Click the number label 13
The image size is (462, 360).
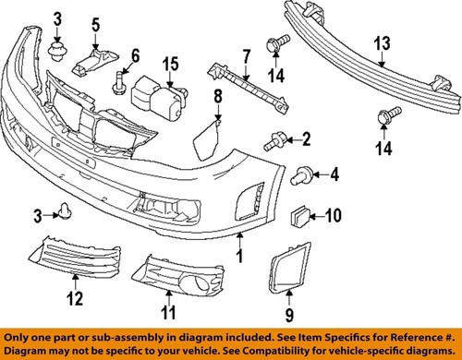pyautogui.click(x=382, y=44)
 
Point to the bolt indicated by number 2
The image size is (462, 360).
pyautogui.click(x=274, y=141)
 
